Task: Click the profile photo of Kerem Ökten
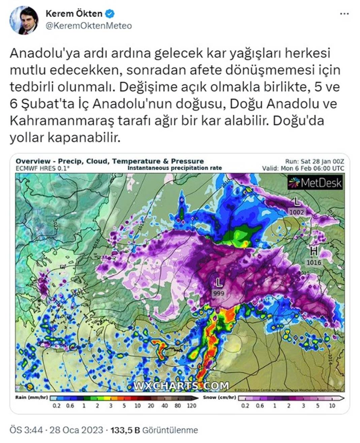coord(23,20)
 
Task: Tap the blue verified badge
coord(110,14)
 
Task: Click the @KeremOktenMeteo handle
coord(88,26)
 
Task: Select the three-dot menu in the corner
coord(344,14)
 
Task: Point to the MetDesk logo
coord(315,183)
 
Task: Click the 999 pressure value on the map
coord(218,293)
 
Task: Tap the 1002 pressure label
coord(297,212)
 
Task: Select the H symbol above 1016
coord(314,251)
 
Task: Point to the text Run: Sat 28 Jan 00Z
coord(314,162)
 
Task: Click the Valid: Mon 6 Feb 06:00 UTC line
coord(303,168)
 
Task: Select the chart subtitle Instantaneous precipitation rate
coord(174,168)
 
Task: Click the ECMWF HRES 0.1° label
coord(42,168)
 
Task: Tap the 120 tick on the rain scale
coord(191,406)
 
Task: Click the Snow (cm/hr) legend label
coord(219,397)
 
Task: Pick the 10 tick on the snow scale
coord(332,406)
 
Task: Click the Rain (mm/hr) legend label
coord(31,397)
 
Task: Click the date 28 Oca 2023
coord(76,430)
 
